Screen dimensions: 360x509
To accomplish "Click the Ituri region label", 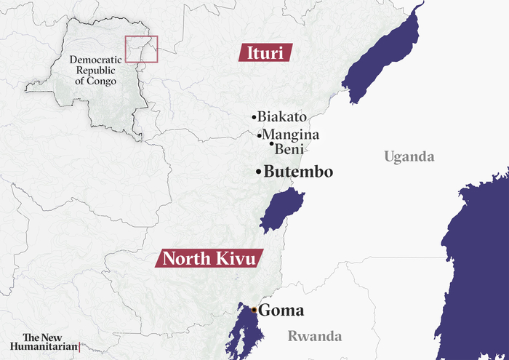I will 265,52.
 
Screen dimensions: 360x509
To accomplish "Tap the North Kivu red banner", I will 209,258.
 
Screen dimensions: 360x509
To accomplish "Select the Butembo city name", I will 298,172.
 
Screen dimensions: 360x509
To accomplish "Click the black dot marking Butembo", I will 258,172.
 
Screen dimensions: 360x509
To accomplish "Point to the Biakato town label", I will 282,116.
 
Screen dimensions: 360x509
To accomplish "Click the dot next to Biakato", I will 254,117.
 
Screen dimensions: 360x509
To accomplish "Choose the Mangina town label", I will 291,135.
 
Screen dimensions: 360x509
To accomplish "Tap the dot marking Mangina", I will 260,135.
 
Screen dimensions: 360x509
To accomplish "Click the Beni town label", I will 289,148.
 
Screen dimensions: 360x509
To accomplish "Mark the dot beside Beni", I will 272,144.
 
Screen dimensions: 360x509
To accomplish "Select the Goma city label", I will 281,311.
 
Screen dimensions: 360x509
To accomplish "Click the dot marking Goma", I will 254,310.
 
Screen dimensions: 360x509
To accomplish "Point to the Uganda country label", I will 409,157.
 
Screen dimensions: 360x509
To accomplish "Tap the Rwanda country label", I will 314,336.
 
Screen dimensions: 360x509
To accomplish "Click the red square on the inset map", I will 141,49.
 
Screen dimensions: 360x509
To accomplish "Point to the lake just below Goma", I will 244,335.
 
